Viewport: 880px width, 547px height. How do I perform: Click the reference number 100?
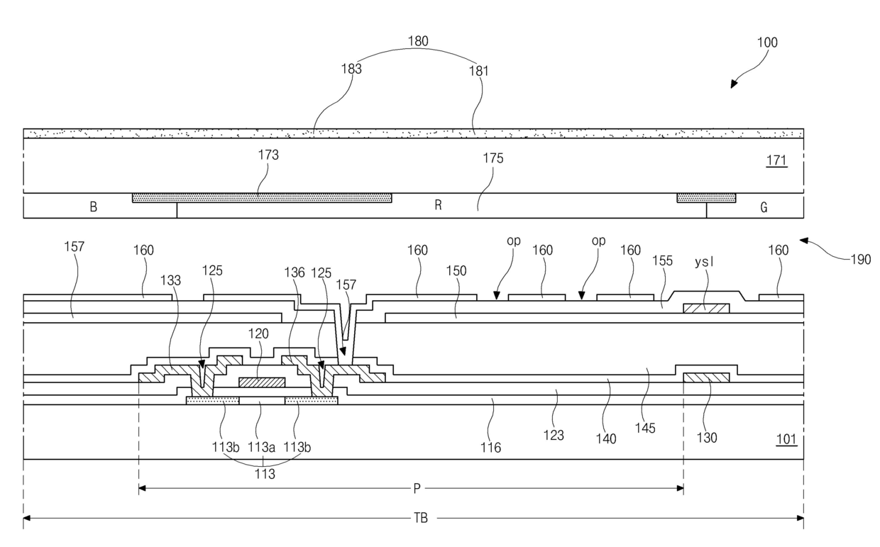[x=767, y=43]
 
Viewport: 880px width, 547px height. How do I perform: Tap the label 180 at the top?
[x=418, y=41]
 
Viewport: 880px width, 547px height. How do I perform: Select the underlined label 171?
[x=776, y=160]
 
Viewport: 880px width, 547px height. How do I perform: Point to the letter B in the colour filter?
[x=94, y=206]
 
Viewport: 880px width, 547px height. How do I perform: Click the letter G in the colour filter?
[x=764, y=207]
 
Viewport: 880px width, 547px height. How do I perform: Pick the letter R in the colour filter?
[x=439, y=205]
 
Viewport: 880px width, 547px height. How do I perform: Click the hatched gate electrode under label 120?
[x=262, y=382]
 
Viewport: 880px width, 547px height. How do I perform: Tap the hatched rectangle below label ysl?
[x=706, y=308]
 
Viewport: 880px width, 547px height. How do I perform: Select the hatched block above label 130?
[x=706, y=377]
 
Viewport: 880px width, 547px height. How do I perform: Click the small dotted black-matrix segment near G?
[x=706, y=198]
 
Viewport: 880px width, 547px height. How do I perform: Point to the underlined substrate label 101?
[x=786, y=439]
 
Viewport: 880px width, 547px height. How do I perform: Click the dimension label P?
[x=417, y=489]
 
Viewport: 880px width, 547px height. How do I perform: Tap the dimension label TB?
[x=420, y=519]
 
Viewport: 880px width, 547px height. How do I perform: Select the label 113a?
[x=261, y=447]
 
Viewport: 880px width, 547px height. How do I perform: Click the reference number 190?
[x=860, y=260]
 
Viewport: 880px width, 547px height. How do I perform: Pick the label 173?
[x=268, y=155]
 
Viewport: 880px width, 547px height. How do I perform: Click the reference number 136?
[x=295, y=272]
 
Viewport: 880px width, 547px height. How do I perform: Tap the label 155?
[x=662, y=261]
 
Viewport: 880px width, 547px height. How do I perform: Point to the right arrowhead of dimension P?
[x=680, y=489]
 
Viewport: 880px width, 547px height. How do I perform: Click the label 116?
[x=490, y=448]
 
